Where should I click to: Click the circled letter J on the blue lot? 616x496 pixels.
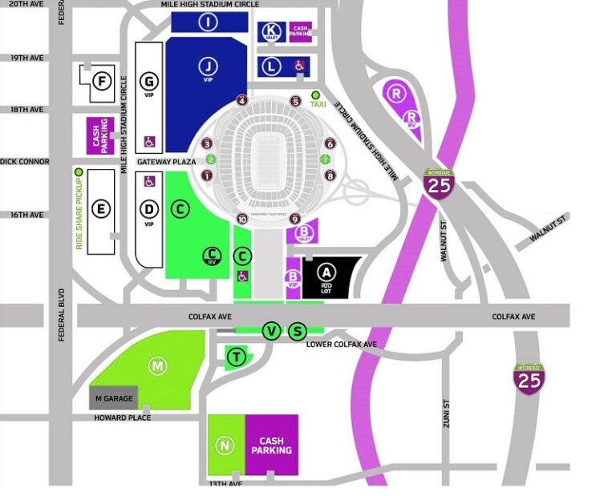(x=209, y=66)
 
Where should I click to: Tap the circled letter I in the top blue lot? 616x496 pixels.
(x=209, y=22)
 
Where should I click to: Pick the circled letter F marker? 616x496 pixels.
(x=101, y=81)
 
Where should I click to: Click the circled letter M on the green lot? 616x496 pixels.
(x=158, y=366)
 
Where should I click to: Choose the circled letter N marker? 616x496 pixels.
(x=225, y=446)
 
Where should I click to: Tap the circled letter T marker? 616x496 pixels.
(x=236, y=357)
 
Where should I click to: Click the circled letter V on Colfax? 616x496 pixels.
(x=272, y=331)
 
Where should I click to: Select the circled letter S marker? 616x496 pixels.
(x=298, y=331)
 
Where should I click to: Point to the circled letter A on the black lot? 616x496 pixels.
(x=326, y=272)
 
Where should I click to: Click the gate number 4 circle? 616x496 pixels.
(x=242, y=100)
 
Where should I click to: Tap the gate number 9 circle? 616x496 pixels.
(x=294, y=219)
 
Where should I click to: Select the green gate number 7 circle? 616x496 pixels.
(x=328, y=159)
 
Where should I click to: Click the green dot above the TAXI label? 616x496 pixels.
(x=315, y=95)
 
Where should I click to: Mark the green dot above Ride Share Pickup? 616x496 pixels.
(x=79, y=172)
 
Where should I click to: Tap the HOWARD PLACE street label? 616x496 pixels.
(x=122, y=417)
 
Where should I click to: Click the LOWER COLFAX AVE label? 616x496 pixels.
(x=342, y=345)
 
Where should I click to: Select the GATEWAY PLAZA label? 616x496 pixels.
(x=166, y=161)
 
